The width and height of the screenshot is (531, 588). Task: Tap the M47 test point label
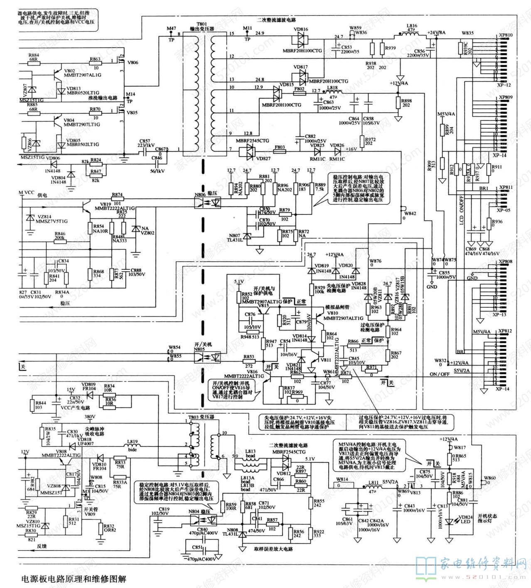point(171,28)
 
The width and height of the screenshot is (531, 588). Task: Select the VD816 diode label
point(300,29)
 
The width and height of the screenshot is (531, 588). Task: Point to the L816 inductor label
point(411,26)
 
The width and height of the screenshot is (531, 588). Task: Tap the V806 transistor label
point(133,63)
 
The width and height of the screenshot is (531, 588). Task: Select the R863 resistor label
point(95,59)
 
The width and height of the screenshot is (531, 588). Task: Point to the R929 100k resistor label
point(320,289)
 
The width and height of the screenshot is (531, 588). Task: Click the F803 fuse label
point(280,147)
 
